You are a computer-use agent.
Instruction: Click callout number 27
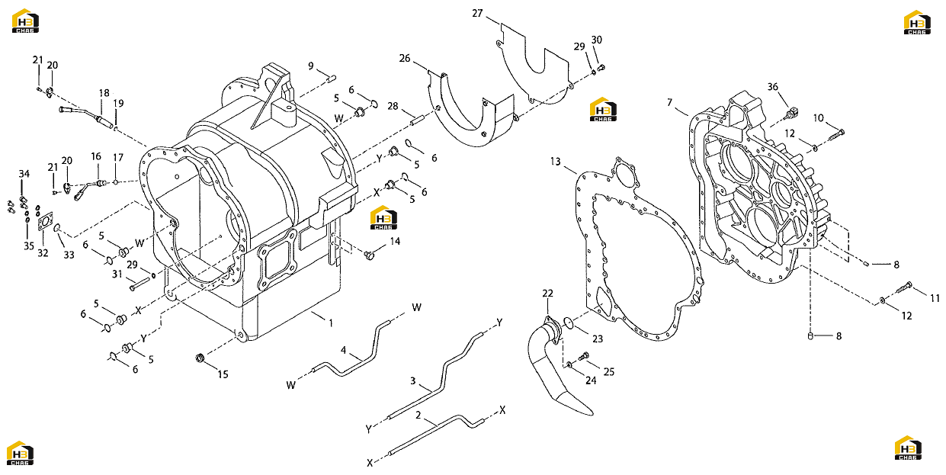point(477,14)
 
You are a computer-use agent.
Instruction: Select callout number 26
point(405,58)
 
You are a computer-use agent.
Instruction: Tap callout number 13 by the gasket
point(556,162)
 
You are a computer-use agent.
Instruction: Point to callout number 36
point(772,87)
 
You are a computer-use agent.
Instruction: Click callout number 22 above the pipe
point(548,293)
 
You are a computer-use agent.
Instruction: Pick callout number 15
point(223,374)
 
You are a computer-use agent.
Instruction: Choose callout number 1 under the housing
point(331,323)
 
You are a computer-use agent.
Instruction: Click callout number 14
point(395,241)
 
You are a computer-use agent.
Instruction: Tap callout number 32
point(43,253)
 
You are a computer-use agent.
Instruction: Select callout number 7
point(669,103)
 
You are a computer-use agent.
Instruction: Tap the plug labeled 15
point(200,358)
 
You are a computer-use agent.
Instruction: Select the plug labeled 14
point(370,255)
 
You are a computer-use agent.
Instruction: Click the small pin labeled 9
point(332,78)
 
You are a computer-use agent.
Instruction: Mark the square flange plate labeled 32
point(45,221)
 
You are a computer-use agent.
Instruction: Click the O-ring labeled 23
point(569,323)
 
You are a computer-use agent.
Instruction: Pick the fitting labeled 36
point(792,113)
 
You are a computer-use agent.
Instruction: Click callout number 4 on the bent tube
point(343,350)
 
